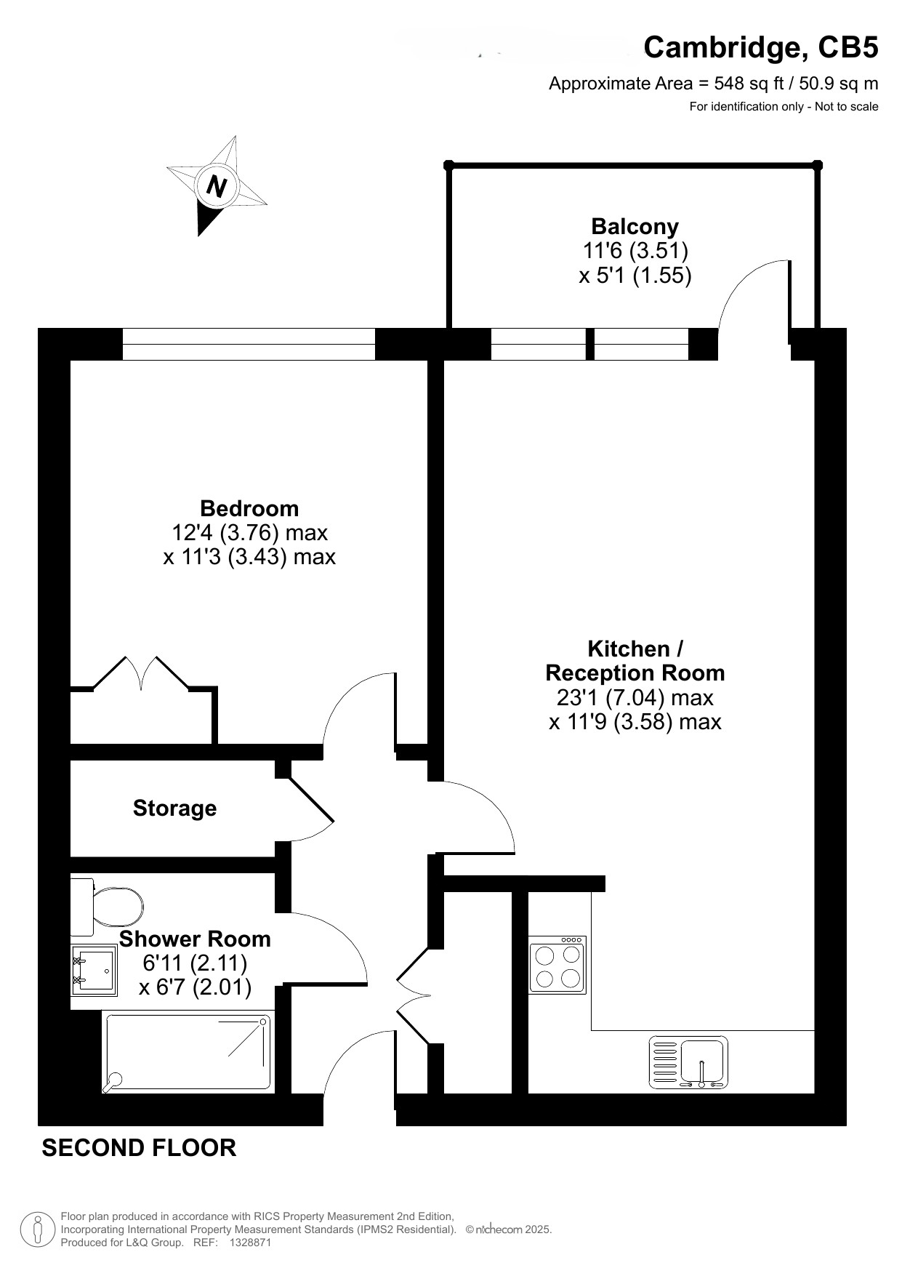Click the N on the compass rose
(217, 187)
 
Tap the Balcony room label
(635, 227)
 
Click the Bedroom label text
(249, 508)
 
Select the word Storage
(174, 808)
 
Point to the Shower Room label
(195, 939)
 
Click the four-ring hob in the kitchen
(557, 965)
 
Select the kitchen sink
(688, 1062)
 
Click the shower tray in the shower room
(187, 1054)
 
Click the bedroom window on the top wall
(249, 344)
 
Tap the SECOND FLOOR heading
(139, 1148)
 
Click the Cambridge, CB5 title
(761, 47)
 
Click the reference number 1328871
(250, 1243)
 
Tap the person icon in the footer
(37, 1229)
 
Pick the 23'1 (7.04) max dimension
(635, 698)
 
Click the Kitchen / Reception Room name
(635, 660)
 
